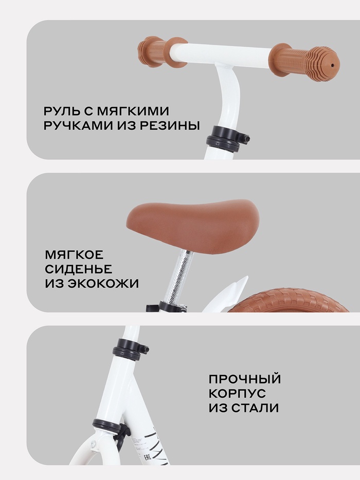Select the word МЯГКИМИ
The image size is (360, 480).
pyautogui.click(x=133, y=111)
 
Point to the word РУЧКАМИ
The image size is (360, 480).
pyautogui.click(x=78, y=125)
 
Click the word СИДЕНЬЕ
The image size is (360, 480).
pyautogui.click(x=78, y=269)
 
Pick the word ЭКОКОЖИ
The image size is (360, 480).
pyautogui.click(x=102, y=283)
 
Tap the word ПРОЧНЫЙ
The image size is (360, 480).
pyautogui.click(x=245, y=379)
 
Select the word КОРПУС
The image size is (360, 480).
pyautogui.click(x=237, y=394)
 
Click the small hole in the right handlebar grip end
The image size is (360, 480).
pyautogui.click(x=333, y=65)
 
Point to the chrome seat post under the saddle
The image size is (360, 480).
pyautogui.click(x=178, y=277)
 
